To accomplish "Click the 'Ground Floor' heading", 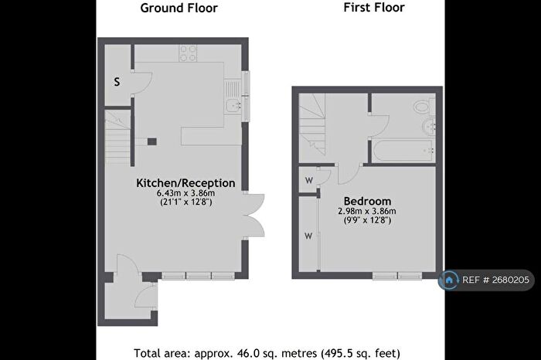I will pyautogui.click(x=179, y=8).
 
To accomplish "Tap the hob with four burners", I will pyautogui.click(x=188, y=53).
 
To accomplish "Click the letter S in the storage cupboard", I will pyautogui.click(x=117, y=81).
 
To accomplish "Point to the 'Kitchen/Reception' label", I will pyautogui.click(x=185, y=183).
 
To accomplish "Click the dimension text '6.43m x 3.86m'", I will pyautogui.click(x=185, y=193).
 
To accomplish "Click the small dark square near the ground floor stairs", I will pyautogui.click(x=151, y=141).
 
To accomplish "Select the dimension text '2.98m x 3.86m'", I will pyautogui.click(x=366, y=211).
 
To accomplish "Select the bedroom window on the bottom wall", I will pyautogui.click(x=395, y=275).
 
